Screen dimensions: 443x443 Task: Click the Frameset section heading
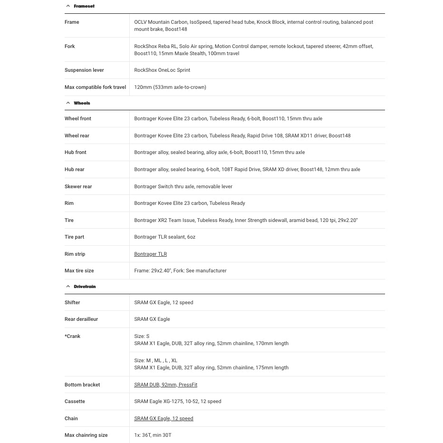[84, 6]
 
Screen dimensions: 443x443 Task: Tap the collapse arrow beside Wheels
[68, 103]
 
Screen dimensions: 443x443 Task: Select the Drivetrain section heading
[85, 287]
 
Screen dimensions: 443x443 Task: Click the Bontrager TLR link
[150, 254]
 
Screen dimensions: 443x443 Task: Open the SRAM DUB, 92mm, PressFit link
[165, 385]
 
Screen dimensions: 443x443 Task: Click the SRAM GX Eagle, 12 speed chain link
[164, 419]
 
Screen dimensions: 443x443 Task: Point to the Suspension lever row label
[84, 70]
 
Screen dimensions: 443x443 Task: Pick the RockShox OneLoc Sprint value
[162, 70]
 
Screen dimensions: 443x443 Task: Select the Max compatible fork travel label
[95, 87]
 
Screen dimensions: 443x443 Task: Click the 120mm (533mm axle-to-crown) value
[170, 87]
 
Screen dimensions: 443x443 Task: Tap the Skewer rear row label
[78, 187]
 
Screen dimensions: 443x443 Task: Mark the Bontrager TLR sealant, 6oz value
[164, 237]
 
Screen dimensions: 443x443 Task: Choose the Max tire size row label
[79, 271]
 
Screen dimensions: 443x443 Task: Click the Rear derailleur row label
[81, 319]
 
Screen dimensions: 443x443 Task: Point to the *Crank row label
[73, 337]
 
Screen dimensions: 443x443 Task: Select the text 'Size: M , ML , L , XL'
[155, 361]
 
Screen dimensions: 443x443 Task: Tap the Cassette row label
[75, 402]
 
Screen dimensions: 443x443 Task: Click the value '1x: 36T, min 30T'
[153, 435]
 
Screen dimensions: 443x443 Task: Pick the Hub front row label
[75, 153]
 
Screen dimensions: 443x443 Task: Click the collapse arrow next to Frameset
[68, 6]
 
